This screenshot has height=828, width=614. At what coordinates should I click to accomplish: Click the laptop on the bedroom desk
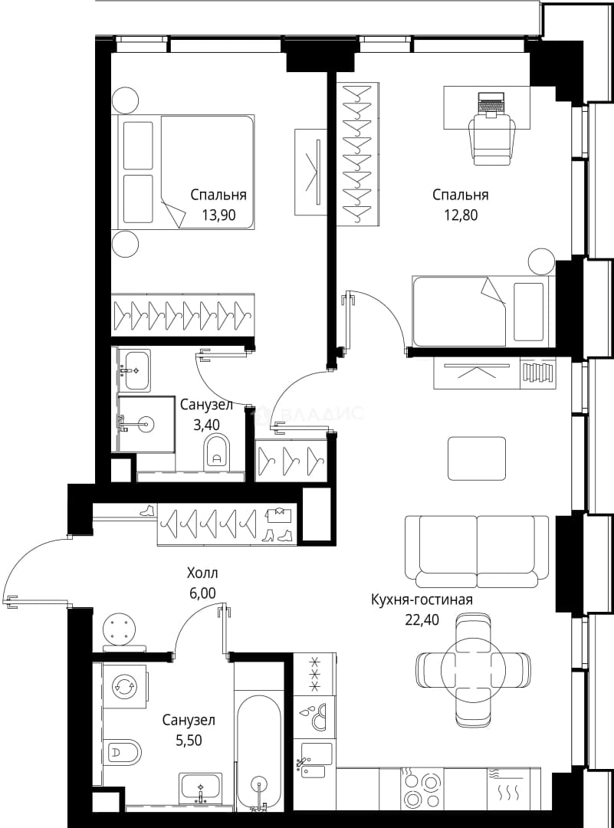[x=491, y=102]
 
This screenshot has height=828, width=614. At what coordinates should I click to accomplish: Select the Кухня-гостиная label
[x=422, y=600]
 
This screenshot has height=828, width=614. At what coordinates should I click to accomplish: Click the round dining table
[x=473, y=671]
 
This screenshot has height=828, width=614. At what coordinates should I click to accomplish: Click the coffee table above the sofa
[x=477, y=458]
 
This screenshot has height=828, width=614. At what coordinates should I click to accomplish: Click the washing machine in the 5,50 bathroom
[x=125, y=686]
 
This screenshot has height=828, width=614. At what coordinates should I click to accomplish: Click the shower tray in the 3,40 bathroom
[x=146, y=424]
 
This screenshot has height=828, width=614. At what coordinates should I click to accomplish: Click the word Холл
[x=202, y=573]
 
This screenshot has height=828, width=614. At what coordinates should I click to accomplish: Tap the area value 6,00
[x=202, y=593]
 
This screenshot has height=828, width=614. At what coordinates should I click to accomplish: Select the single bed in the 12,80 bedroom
[x=484, y=311]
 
